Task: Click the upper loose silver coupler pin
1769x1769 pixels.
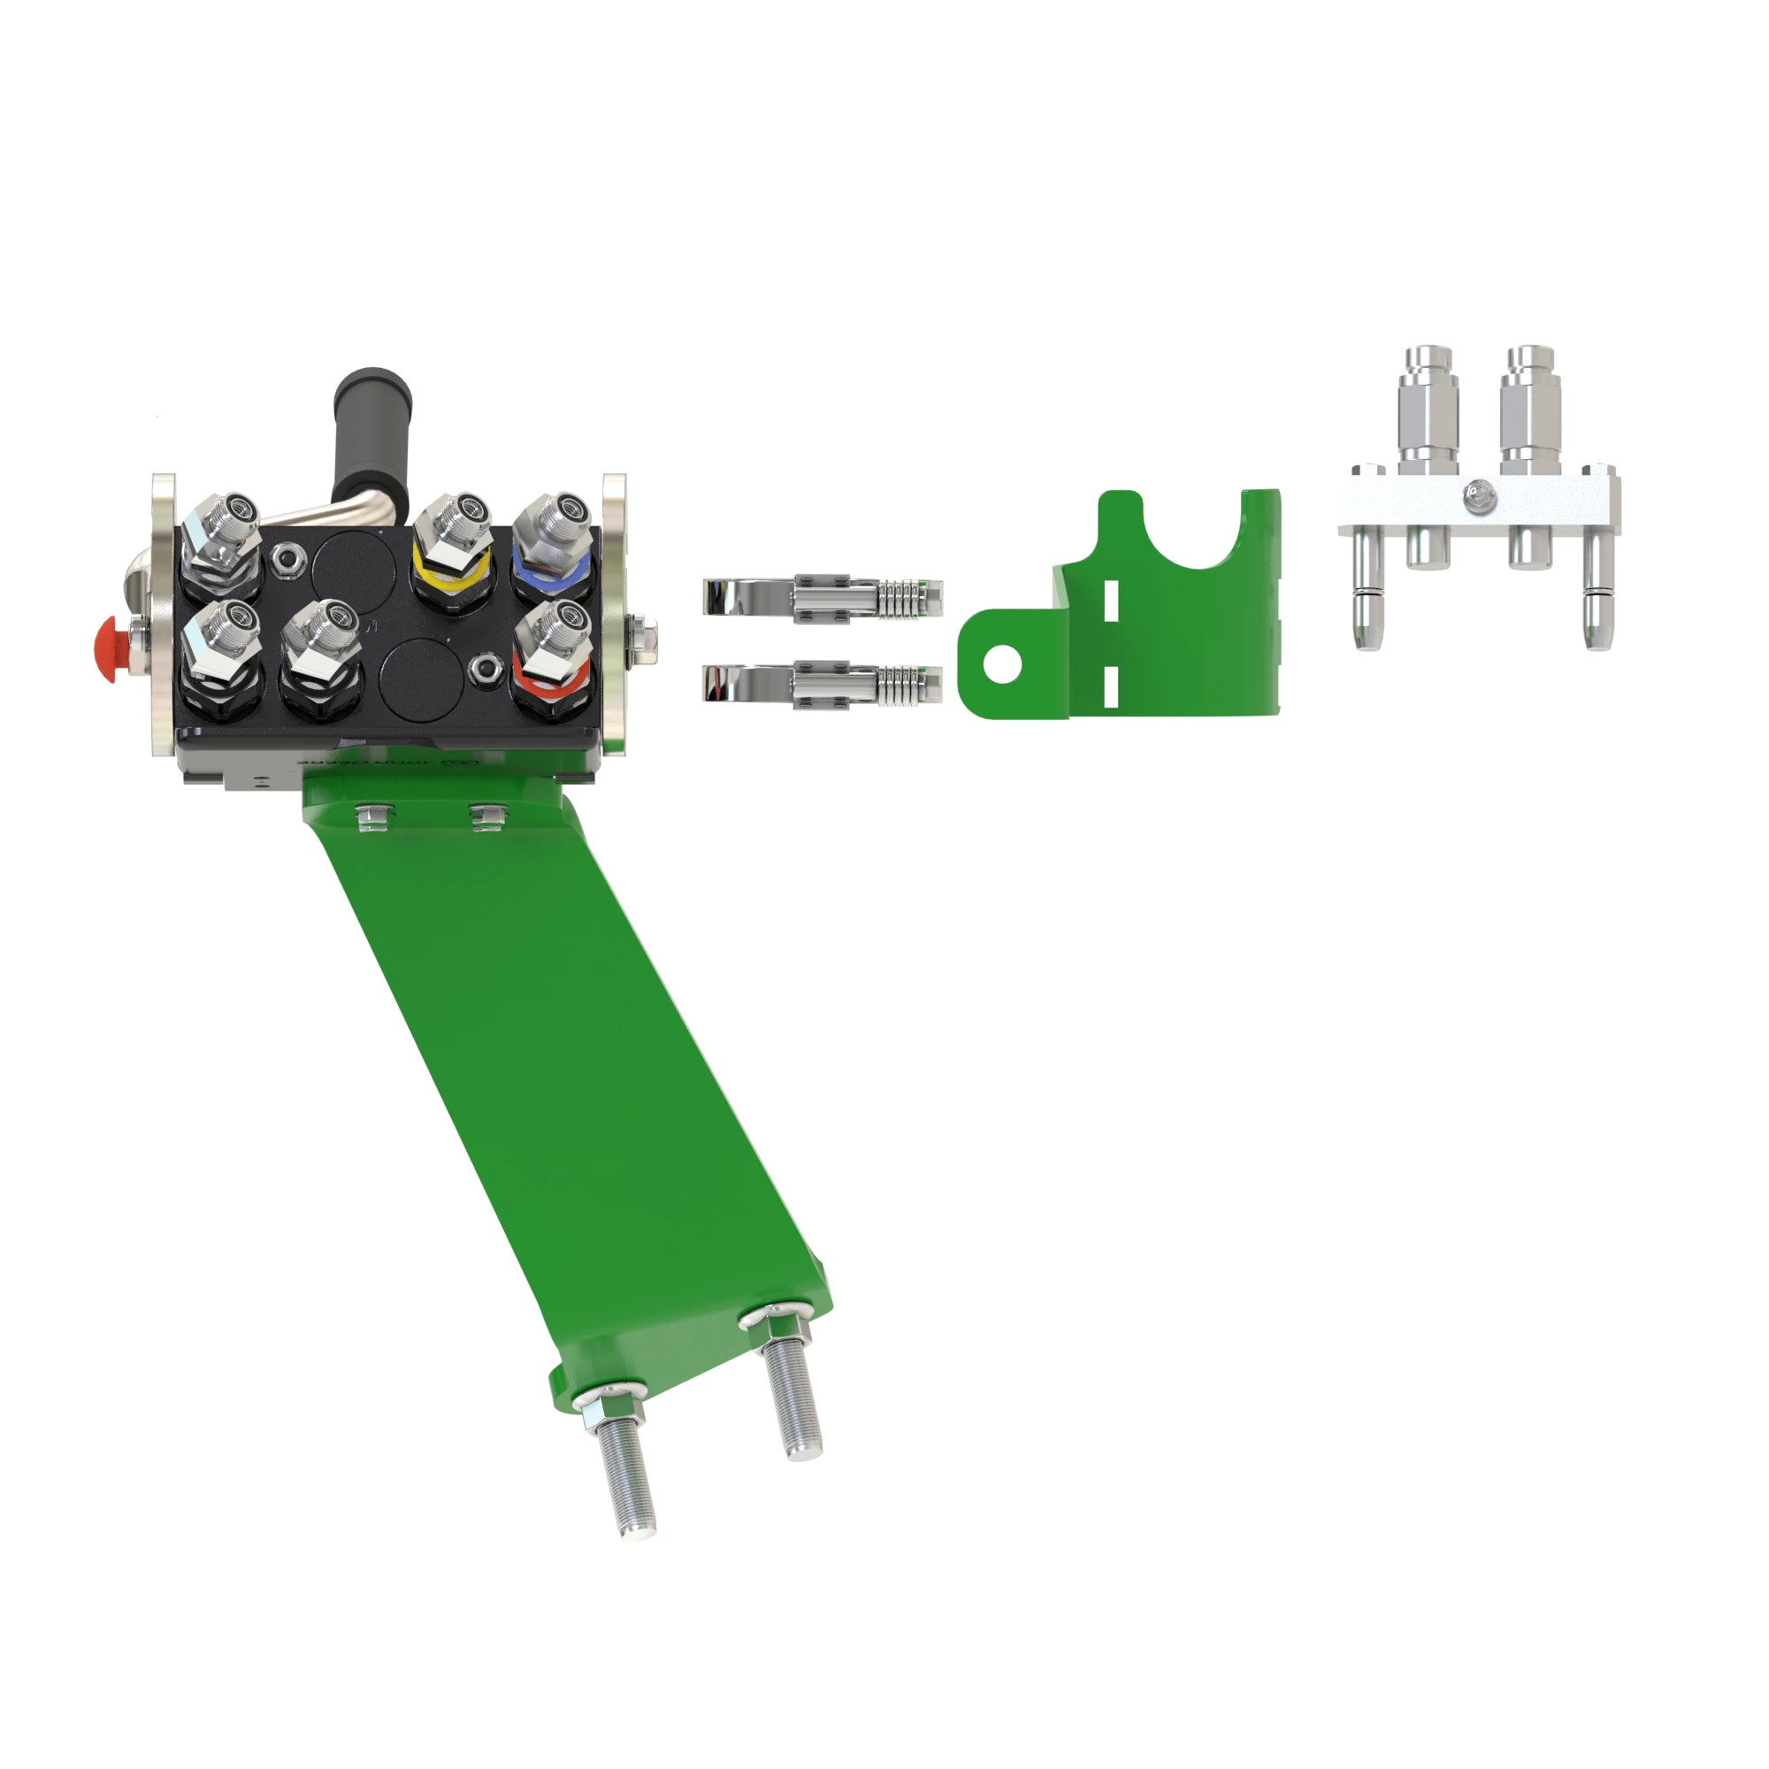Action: pyautogui.click(x=822, y=597)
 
